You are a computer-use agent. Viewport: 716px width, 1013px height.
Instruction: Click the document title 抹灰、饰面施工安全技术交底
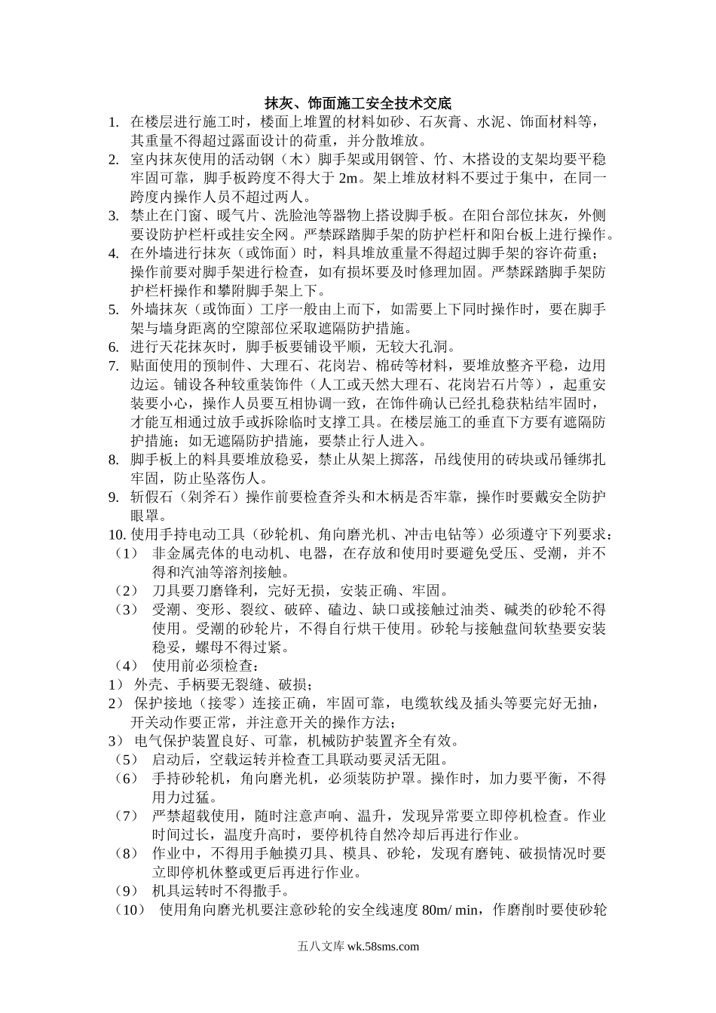[357, 103]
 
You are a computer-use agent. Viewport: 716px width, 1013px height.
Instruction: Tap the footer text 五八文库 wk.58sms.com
[357, 947]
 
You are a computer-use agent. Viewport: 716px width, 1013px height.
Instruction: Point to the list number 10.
[117, 534]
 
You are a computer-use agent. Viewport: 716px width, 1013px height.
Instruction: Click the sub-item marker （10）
[130, 910]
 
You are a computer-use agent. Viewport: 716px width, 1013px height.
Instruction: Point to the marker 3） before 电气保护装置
[116, 740]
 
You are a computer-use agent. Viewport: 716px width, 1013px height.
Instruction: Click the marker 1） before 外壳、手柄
[116, 684]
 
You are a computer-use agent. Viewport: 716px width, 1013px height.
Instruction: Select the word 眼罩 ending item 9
[145, 516]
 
